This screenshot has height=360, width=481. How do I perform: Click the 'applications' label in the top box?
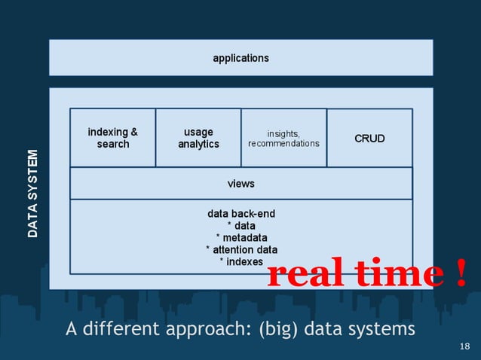[x=240, y=57]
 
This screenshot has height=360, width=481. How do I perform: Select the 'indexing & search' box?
[x=113, y=138]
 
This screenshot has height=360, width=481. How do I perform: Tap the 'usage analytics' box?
[x=198, y=138]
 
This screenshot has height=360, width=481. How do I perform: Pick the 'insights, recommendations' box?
[x=283, y=139]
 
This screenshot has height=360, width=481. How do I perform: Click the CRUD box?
[x=369, y=139]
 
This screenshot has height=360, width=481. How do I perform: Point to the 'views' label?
[x=241, y=184]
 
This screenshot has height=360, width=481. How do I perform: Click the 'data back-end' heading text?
[x=241, y=213]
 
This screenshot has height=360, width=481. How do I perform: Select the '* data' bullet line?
[x=241, y=225]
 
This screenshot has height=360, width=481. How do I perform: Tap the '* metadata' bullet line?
[x=241, y=237]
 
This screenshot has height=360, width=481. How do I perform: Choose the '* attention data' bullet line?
[x=241, y=249]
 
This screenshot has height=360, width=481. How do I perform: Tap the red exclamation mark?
[x=461, y=275]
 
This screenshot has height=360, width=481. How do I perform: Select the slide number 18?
[x=464, y=346]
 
